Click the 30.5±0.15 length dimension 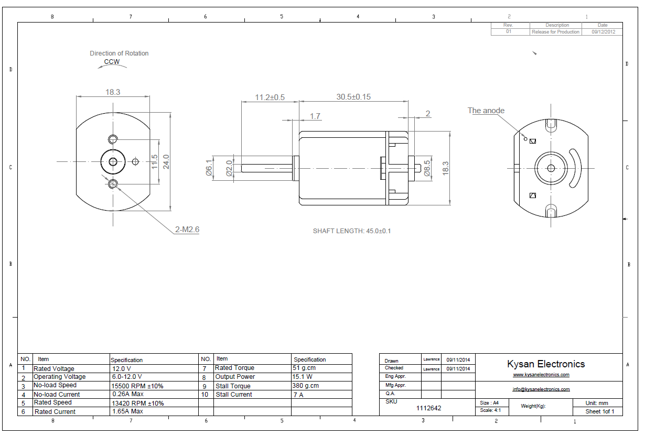tap(353, 97)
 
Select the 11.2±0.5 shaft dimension tap(270, 97)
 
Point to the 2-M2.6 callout tap(187, 230)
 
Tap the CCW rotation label tap(112, 62)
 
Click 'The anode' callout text tap(486, 111)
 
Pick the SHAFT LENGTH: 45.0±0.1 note tap(352, 231)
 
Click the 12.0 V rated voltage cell tap(122, 368)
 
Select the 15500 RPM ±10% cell tap(137, 386)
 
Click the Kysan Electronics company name tap(546, 364)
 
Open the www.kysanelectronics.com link tap(541, 375)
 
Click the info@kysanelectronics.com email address tap(541, 389)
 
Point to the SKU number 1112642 tap(429, 408)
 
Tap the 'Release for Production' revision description tap(555, 32)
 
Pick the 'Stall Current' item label tap(233, 395)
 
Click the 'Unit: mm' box tap(597, 403)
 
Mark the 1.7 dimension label tap(315, 116)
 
